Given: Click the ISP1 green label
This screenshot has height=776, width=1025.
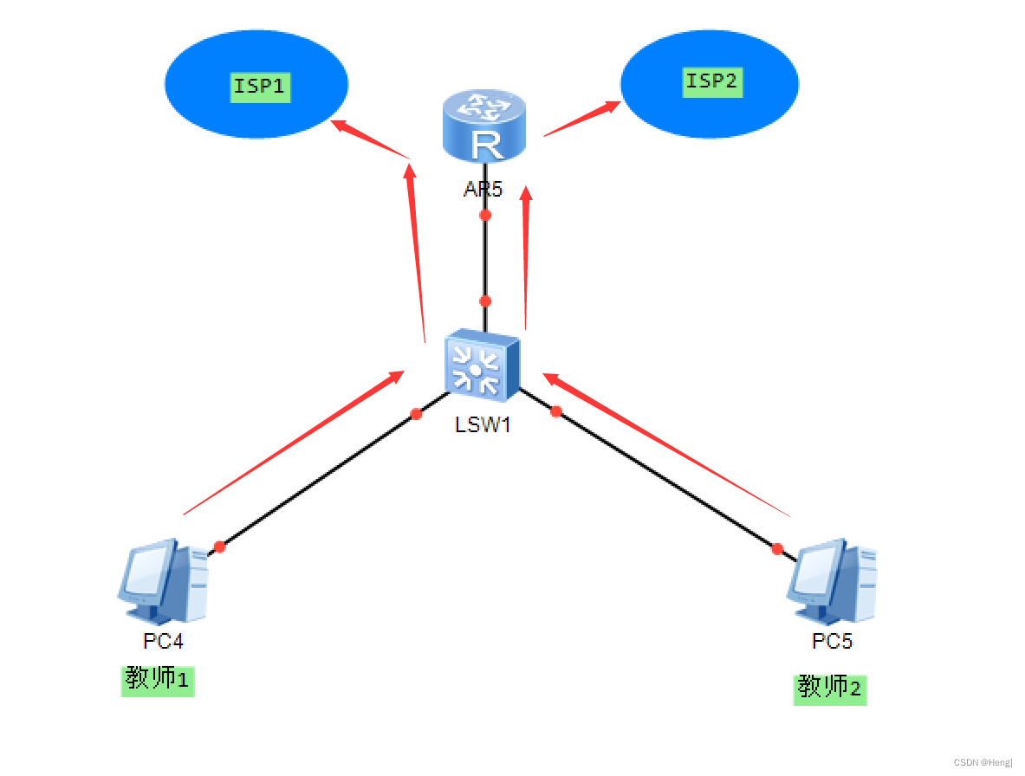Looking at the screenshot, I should click(260, 87).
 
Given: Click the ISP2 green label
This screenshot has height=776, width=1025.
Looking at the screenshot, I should click(712, 82).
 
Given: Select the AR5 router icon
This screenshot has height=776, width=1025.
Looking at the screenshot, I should click(484, 128).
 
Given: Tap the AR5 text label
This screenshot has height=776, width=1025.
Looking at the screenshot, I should click(483, 189).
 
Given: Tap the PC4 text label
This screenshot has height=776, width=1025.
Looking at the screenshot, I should click(163, 642).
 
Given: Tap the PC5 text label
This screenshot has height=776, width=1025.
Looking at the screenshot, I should click(832, 642).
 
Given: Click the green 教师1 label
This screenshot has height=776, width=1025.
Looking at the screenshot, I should click(158, 680).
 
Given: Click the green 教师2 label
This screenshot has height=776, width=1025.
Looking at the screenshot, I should click(830, 689).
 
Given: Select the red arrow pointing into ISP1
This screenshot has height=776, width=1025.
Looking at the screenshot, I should click(371, 139).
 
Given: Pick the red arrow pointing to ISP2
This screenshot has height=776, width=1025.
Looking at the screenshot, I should click(581, 120).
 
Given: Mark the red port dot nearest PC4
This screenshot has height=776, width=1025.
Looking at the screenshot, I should click(219, 546).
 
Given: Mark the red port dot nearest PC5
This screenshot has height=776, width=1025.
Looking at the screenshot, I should click(777, 548).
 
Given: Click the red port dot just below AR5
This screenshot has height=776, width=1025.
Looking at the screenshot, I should click(485, 215).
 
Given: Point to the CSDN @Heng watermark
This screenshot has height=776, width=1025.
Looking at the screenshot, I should click(983, 762).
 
